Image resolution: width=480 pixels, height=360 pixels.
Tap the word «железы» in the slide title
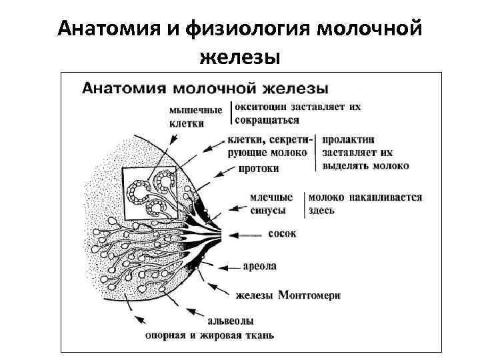pyautogui.click(x=239, y=57)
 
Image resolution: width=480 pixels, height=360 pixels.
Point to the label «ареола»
pyautogui.click(x=258, y=266)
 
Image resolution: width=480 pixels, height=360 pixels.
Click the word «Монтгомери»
pyautogui.click(x=309, y=294)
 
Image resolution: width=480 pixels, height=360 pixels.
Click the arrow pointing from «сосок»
pyautogui.click(x=246, y=235)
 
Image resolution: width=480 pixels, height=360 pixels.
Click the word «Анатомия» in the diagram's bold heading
pyautogui.click(x=123, y=87)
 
